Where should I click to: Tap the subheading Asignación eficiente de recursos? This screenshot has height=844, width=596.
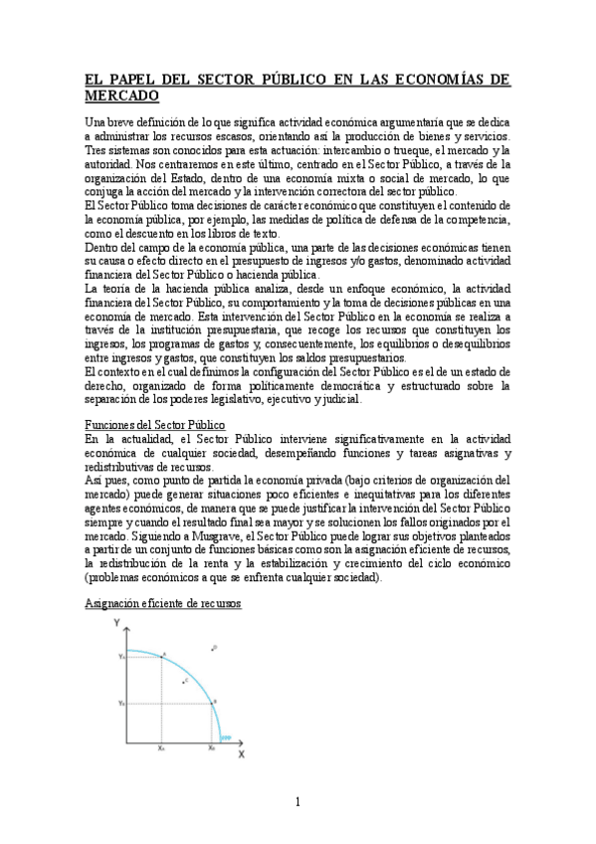162,604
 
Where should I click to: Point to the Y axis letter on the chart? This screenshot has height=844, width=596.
118,622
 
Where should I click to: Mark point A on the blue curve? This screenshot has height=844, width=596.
161,657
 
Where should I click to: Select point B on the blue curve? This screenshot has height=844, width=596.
212,703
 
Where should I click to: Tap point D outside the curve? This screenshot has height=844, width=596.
213,648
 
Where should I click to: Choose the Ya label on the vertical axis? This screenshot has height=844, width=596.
121,657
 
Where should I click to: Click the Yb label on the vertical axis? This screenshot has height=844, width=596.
121,703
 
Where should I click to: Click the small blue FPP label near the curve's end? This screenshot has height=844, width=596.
227,737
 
